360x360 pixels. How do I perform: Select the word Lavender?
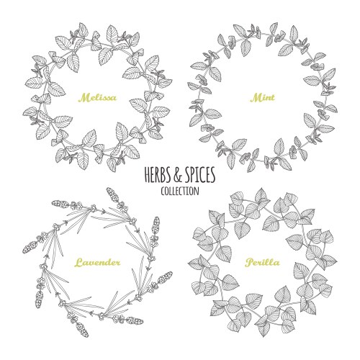pos(95,262)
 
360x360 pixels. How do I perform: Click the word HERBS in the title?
pos(148,176)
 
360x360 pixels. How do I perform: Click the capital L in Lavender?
pos(77,261)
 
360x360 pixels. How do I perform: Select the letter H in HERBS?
pos(137,176)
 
